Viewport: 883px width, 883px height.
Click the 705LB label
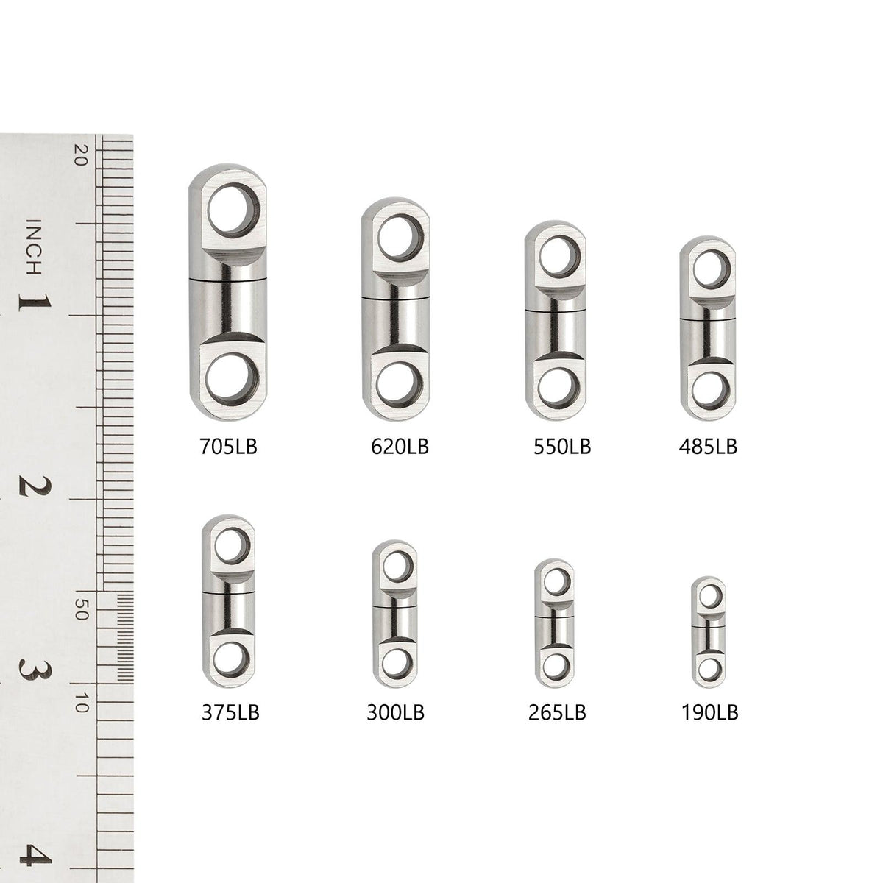coord(228,447)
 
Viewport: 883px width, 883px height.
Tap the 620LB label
coord(400,447)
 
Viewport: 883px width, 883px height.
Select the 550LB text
coord(562,447)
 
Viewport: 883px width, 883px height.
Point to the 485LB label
coord(708,447)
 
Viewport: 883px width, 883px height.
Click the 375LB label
coord(230,712)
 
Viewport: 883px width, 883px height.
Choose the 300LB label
coord(395,712)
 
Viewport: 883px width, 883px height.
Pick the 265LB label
coord(557,712)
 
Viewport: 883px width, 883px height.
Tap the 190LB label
coord(710,712)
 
